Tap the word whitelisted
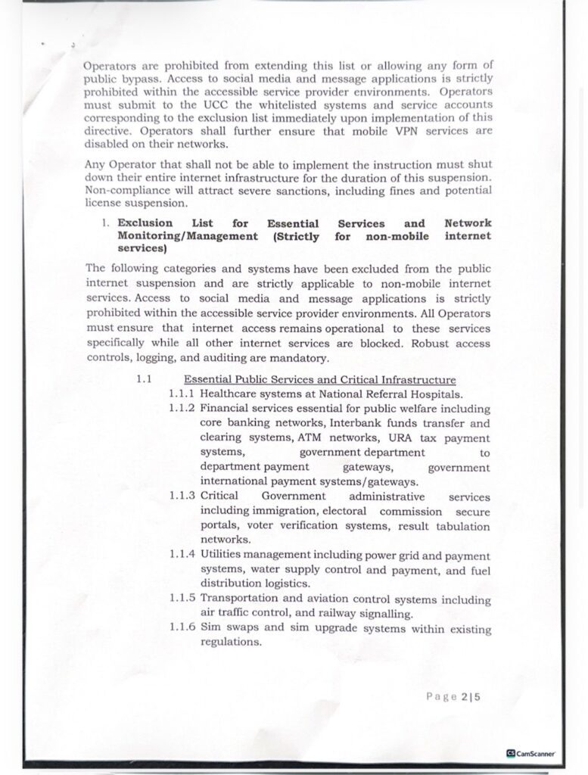286,104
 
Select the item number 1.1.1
183,394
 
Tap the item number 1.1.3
183,496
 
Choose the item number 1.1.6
183,629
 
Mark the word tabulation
460,526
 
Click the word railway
345,614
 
